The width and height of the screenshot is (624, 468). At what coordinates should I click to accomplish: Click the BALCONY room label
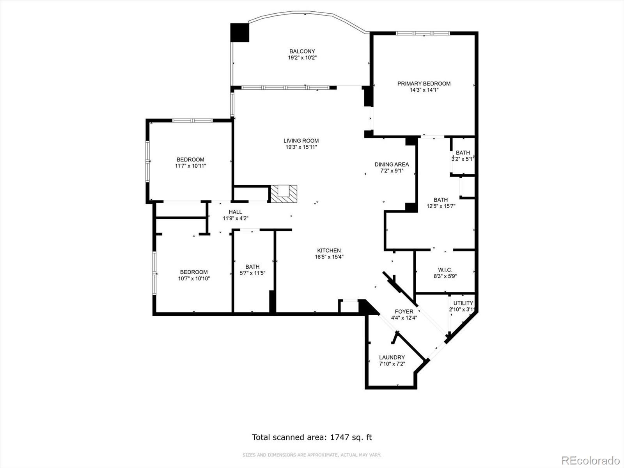coord(302,51)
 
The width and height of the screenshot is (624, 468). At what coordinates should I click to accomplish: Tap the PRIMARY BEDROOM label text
coord(424,83)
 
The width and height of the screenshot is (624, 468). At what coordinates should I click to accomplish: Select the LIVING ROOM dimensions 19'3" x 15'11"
coord(301,147)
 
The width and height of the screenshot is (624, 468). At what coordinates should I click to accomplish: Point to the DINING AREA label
coord(392,165)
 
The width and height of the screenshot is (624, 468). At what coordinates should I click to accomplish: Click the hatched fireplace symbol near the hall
coord(284,194)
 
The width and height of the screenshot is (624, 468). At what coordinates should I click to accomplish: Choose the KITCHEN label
coord(329,251)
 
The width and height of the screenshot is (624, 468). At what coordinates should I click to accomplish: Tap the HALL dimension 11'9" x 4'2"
coord(235,218)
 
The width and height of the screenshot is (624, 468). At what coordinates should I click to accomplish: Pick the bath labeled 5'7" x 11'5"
coord(252,270)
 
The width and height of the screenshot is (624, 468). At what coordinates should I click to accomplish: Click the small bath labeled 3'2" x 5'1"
coord(463,156)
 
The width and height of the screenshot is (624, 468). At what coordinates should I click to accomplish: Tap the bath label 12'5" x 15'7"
coord(441,203)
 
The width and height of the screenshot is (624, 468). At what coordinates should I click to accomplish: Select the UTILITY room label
coord(463,303)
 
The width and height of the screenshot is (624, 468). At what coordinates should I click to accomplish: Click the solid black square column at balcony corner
coord(239,33)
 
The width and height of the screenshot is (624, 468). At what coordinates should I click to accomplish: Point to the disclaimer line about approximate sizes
coord(312,455)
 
